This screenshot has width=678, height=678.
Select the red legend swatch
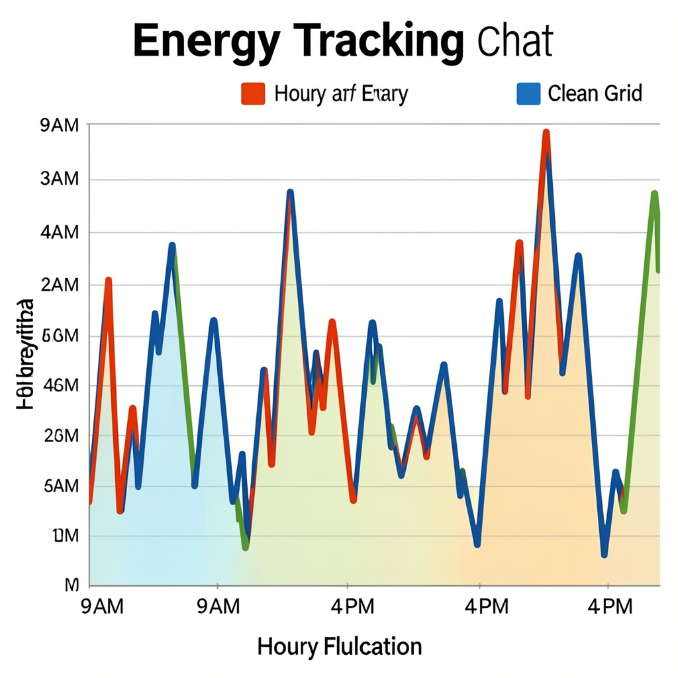coord(253,93)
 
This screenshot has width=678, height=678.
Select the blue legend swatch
coord(528,93)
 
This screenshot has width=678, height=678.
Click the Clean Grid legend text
coord(595,93)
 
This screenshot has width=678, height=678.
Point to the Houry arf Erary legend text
coord(340,94)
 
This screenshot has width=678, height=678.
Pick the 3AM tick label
coord(60,179)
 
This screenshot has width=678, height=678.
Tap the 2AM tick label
coord(60,285)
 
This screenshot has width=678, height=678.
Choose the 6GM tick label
coord(60,336)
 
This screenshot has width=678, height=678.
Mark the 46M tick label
coord(60,386)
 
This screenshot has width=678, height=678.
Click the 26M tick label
coord(60,436)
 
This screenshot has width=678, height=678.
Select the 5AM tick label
coord(60,486)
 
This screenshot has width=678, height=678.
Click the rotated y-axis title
coord(24,354)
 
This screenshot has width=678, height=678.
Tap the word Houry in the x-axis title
coord(286,646)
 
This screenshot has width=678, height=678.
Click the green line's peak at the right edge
coord(654,195)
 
